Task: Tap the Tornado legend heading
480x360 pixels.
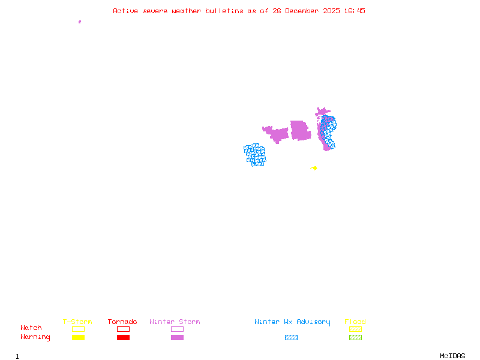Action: point(122,322)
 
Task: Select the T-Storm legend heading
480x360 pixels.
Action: point(77,322)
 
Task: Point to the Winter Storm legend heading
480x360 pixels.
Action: point(175,322)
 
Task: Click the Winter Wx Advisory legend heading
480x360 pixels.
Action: point(292,322)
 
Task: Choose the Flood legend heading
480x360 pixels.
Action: point(355,322)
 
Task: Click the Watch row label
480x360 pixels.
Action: point(31,328)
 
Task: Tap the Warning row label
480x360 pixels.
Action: point(35,337)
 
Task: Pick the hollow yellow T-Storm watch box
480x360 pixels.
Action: point(78,329)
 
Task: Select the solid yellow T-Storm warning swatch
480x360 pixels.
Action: point(78,337)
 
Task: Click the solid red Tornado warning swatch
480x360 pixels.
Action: point(123,337)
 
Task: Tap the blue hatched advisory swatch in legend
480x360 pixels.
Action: point(291,337)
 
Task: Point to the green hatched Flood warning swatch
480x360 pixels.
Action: point(355,337)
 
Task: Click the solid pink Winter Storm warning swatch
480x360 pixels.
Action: point(177,337)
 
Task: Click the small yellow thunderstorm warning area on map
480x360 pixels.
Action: point(314,168)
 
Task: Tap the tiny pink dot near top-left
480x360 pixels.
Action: point(80,22)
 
